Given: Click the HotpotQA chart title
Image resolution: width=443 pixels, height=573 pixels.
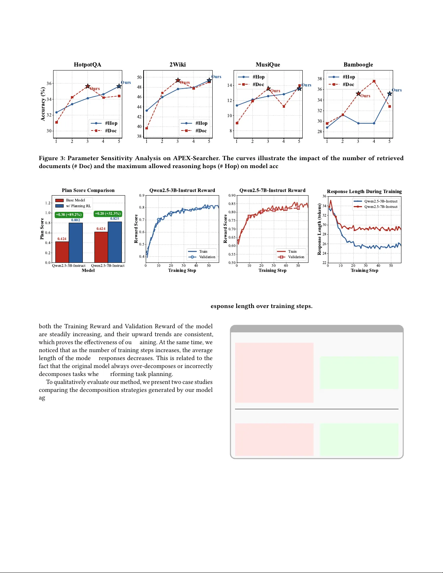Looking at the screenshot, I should [88, 65].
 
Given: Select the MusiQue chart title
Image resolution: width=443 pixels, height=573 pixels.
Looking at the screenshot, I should [268, 65].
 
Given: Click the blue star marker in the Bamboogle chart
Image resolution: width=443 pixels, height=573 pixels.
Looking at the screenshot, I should [389, 94].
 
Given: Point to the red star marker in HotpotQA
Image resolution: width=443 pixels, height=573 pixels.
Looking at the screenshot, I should [88, 86].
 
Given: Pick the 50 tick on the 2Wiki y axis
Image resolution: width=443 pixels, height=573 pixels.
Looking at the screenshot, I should [139, 77].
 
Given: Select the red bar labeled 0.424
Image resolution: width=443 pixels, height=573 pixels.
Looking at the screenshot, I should [62, 252].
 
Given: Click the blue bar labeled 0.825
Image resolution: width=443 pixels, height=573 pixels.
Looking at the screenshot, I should [115, 242].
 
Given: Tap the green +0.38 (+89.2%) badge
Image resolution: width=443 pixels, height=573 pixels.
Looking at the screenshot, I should [69, 215].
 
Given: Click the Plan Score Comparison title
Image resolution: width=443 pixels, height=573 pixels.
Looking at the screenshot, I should [88, 191].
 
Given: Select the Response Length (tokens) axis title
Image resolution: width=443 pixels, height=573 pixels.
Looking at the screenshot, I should [319, 230].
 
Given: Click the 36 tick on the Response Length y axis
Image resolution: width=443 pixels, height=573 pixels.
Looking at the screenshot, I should [324, 196].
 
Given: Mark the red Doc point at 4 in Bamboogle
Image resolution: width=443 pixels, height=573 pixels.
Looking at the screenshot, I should [374, 81].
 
